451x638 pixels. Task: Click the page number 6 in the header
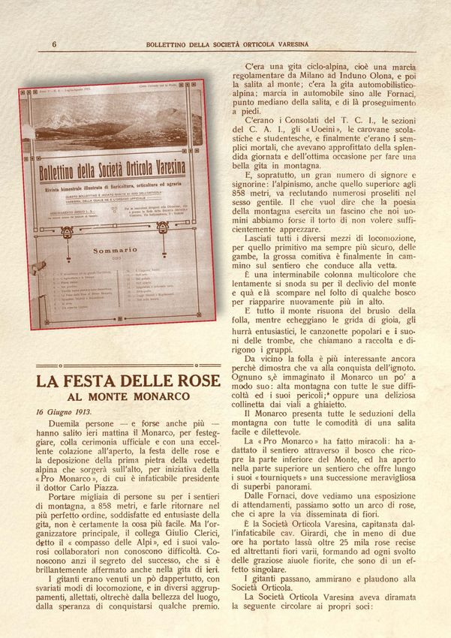54,44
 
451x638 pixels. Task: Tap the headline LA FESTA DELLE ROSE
128,381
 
